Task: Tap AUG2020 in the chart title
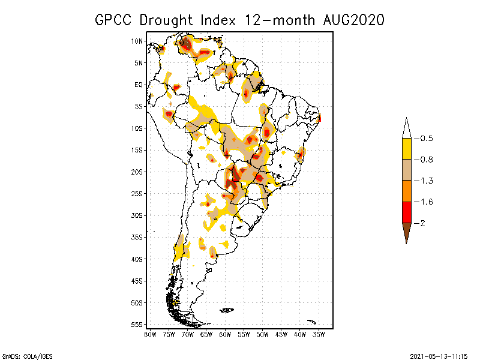click(x=350, y=20)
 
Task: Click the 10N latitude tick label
click(x=137, y=41)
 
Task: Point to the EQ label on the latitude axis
click(x=138, y=85)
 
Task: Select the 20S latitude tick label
click(x=137, y=172)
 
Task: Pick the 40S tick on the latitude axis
click(x=137, y=259)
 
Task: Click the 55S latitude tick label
click(x=137, y=324)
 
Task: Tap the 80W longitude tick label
click(x=150, y=334)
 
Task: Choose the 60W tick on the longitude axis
click(x=225, y=334)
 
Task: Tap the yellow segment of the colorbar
click(x=406, y=149)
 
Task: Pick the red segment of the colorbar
click(x=406, y=212)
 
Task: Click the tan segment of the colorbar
click(x=406, y=170)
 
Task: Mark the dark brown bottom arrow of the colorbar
click(x=406, y=232)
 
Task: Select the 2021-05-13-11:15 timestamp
click(x=437, y=356)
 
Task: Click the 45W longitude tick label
click(x=281, y=334)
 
